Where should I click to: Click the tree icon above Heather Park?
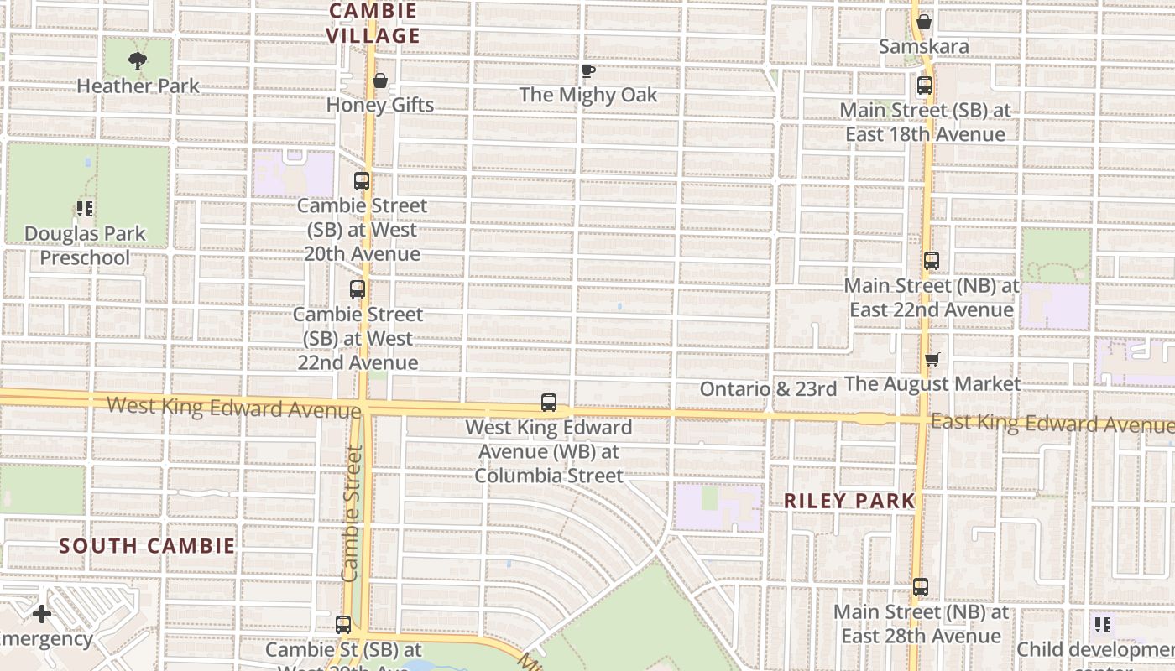coord(138,61)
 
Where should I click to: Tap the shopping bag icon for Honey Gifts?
coord(380,81)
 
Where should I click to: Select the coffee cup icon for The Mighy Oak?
coord(588,71)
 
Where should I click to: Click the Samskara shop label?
coord(923,46)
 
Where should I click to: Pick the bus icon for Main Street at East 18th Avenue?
coord(924,86)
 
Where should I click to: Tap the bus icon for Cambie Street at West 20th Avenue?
coord(362,181)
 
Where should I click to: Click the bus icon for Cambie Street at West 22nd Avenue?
coord(358,289)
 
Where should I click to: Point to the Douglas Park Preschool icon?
coord(84,209)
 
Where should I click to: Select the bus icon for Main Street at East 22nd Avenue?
coord(931,261)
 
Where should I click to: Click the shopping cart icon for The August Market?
coord(932,360)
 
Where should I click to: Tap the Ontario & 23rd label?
coord(768,389)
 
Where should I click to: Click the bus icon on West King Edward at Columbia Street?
coord(549,403)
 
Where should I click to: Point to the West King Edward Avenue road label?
coord(233,408)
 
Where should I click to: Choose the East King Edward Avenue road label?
coord(1052,423)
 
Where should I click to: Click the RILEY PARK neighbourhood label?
coord(849,501)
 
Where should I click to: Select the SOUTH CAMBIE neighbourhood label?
coord(147,546)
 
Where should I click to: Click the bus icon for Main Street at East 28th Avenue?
coord(921,587)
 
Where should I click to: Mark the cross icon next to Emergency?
coord(42,614)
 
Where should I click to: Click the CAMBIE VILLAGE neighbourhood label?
coord(373,23)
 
